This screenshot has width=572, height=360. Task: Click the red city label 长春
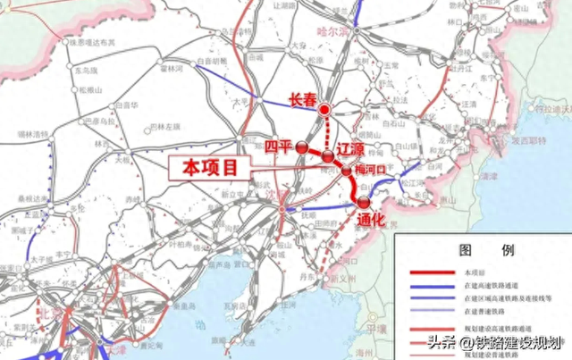click(x=304, y=102)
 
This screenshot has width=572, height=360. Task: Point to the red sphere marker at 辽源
click(x=329, y=157)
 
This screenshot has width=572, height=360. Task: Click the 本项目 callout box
click(x=212, y=168)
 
